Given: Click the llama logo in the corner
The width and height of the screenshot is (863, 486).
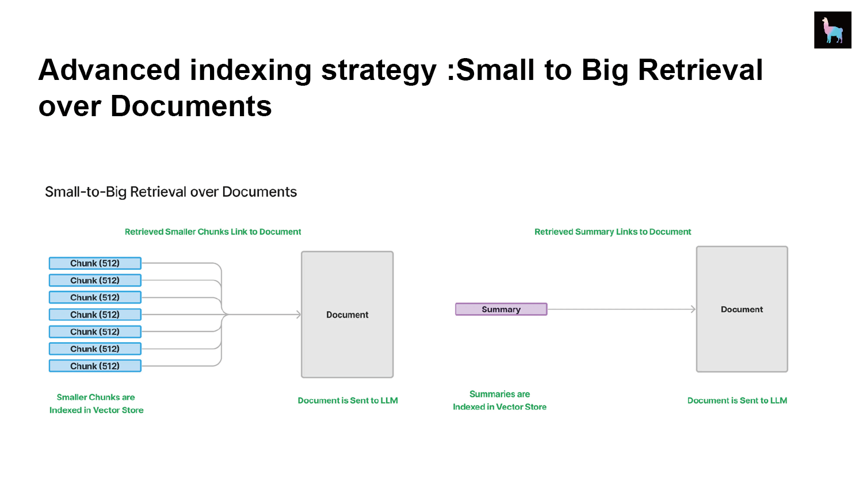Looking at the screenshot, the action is coord(832,30).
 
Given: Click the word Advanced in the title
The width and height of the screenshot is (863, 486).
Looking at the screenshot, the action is coord(109,70).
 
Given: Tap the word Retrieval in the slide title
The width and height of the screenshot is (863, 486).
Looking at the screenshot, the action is coord(700,70).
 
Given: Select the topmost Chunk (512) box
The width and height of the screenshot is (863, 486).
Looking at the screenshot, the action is coord(95,263).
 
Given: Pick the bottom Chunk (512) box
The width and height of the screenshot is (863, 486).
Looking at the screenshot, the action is coord(95,366).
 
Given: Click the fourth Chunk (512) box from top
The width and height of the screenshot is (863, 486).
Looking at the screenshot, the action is coord(95,315).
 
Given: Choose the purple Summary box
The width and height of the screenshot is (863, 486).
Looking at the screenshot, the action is coord(501,309).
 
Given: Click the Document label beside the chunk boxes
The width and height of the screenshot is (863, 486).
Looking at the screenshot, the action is coord(347,315).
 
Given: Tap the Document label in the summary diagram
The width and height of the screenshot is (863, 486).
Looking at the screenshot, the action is coord(742,309).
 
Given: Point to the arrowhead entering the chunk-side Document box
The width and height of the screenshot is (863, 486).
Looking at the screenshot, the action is coord(299,315).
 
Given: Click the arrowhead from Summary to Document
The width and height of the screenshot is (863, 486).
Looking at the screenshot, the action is coord(693,309).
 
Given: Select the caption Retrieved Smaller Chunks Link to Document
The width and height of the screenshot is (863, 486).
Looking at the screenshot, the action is coord(213,232).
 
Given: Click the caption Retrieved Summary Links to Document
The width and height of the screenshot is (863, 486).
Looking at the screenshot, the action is coord(613,232).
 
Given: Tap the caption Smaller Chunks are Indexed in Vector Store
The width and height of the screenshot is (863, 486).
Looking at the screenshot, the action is coord(96,404).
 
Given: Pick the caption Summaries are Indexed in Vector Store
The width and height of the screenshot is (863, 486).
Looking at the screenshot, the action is coord(500,400).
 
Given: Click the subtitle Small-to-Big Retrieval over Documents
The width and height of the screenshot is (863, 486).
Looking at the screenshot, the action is coord(171,192).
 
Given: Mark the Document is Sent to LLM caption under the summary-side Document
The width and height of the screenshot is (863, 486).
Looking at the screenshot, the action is coord(737,400).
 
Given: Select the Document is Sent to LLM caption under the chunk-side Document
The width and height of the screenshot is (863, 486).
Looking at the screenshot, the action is coord(348,400).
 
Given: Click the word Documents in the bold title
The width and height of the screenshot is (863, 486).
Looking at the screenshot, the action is coord(191,106).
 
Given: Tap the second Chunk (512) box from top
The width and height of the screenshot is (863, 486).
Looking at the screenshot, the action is coord(95,280).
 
